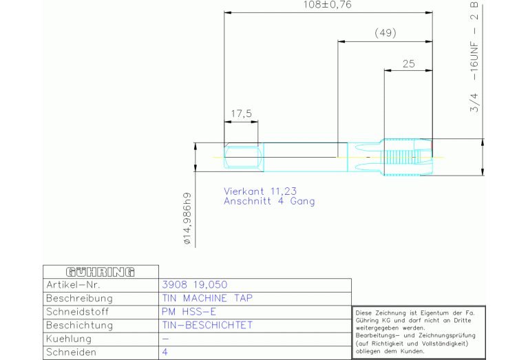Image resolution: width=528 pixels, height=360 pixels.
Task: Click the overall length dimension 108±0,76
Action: pyautogui.click(x=328, y=5)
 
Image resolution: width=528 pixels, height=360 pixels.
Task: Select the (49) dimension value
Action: pyautogui.click(x=385, y=33)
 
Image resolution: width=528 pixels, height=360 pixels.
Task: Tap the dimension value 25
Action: pyautogui.click(x=408, y=63)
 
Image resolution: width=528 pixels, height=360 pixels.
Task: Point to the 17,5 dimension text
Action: pyautogui.click(x=241, y=114)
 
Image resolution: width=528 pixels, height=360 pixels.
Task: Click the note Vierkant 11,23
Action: pyautogui.click(x=260, y=191)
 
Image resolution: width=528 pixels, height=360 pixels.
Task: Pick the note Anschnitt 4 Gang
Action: pyautogui.click(x=269, y=201)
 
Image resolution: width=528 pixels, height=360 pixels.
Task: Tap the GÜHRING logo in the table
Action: pyautogui.click(x=100, y=271)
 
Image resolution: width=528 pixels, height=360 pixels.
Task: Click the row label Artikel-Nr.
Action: pyautogui.click(x=73, y=285)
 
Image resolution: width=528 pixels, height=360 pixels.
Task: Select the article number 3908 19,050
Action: pyautogui.click(x=194, y=285)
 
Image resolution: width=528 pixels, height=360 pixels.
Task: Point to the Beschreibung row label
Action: pyautogui.click(x=78, y=299)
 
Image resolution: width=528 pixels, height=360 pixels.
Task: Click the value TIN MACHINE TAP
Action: pyautogui.click(x=207, y=299)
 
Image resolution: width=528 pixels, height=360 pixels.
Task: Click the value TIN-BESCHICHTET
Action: pyautogui.click(x=207, y=325)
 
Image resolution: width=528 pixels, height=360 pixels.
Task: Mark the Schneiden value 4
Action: pyautogui.click(x=165, y=352)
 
